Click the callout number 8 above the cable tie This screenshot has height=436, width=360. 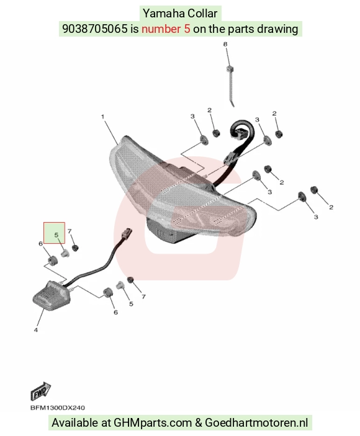(225, 44)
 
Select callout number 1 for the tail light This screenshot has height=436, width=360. (102, 117)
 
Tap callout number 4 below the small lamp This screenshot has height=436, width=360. (35, 330)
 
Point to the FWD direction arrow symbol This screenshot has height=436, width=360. (40, 391)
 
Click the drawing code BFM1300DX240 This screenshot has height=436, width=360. (58, 408)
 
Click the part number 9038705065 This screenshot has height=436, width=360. (94, 29)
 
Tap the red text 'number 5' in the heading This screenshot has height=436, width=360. (166, 29)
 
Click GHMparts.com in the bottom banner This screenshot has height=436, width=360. (153, 423)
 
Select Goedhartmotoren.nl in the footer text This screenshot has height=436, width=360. (256, 422)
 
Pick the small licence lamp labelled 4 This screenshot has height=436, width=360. (51, 296)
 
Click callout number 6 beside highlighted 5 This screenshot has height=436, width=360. (40, 244)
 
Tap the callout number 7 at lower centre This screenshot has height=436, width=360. (143, 296)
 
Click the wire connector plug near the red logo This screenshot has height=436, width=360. (127, 233)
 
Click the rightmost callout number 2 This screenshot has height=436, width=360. (331, 207)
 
